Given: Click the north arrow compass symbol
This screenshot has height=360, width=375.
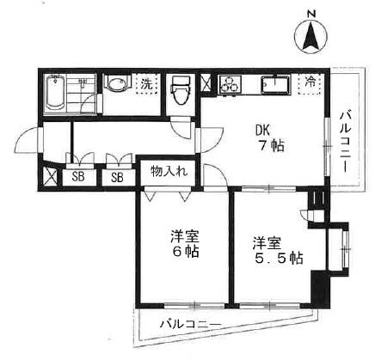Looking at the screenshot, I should [310, 37].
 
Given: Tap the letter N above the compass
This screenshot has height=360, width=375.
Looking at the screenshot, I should [310, 14].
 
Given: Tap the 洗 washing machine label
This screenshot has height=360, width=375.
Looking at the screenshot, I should [147, 84].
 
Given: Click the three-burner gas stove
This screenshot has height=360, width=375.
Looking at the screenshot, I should [231, 84].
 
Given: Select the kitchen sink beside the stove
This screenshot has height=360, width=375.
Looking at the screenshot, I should [275, 85].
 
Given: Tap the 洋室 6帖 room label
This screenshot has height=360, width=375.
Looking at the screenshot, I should [181, 242].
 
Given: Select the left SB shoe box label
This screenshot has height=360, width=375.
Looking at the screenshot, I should [78, 178].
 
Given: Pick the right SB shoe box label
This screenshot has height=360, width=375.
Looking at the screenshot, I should [117, 178].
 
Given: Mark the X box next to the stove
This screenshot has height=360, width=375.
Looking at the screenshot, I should [206, 84].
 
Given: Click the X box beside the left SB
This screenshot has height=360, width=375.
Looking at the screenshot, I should [51, 178].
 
